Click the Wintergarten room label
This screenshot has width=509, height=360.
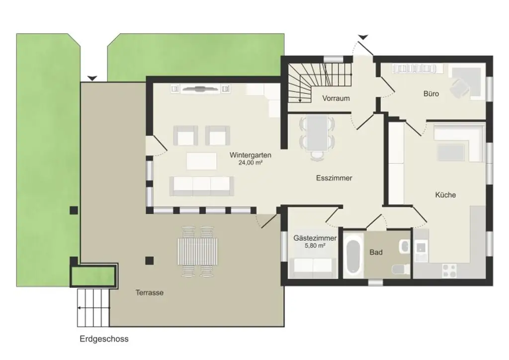(x=250, y=155)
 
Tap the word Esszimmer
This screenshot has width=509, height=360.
(x=334, y=178)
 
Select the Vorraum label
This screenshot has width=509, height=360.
(x=336, y=98)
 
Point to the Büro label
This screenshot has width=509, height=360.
(x=431, y=93)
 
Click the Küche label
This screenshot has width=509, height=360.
(x=445, y=195)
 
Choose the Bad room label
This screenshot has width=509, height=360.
(x=376, y=253)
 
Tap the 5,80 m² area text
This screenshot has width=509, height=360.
(x=315, y=246)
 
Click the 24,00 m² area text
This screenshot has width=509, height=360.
(x=250, y=163)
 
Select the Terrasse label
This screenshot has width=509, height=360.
(x=150, y=293)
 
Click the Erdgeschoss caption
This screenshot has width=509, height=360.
(x=104, y=339)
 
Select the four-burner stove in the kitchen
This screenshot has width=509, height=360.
(x=449, y=270)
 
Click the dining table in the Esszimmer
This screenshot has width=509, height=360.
(x=317, y=133)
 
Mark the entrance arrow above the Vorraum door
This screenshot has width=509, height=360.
(x=363, y=37)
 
